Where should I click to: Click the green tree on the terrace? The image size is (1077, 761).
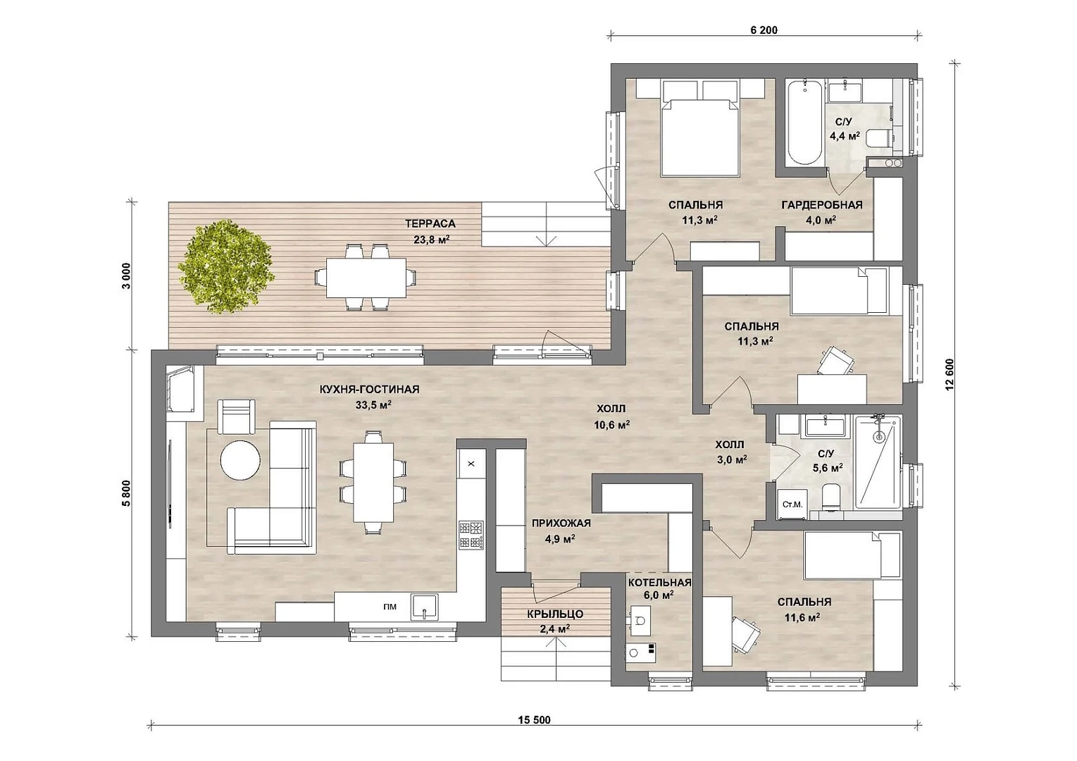coord(225,266)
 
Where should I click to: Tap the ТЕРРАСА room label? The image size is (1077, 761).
coord(430,223)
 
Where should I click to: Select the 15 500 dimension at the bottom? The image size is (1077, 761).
coord(534,719)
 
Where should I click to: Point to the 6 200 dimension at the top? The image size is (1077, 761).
coord(764,30)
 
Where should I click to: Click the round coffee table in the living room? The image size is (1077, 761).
coord(240,460)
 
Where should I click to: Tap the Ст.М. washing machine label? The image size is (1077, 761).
coord(792,505)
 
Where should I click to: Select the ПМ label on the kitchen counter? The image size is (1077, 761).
coord(390,607)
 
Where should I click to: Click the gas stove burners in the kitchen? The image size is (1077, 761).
coord(471,535)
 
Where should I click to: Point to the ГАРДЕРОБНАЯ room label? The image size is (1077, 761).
coord(822,205)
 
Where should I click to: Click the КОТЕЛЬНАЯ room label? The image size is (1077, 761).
coord(660,583)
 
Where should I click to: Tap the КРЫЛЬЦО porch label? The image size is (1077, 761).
coord(555,614)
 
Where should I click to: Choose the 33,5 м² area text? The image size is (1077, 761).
coord(373,404)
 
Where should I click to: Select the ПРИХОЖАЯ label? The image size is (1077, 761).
coord(561,524)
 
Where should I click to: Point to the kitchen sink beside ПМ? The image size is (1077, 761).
coord(424,607)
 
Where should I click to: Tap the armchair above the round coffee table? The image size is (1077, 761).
coord(236,416)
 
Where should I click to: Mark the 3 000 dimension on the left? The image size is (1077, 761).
coord(126,276)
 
